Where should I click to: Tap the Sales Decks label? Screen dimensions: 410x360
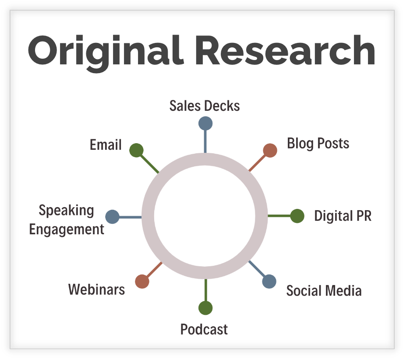(205, 106)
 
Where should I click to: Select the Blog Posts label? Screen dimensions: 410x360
(318, 144)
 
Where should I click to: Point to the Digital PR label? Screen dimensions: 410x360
(343, 216)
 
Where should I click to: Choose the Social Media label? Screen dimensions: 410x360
(324, 291)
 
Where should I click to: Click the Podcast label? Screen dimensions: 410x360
(204, 329)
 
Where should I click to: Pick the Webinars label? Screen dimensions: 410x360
(96, 289)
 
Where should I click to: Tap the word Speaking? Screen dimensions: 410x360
(66, 210)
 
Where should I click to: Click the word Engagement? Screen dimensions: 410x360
(67, 229)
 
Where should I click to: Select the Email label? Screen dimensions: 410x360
(106, 145)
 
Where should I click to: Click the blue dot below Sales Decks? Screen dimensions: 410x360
(205, 123)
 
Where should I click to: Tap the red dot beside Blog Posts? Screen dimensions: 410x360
(270, 150)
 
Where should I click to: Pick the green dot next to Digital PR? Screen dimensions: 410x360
(297, 216)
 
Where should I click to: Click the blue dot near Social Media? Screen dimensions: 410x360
(269, 281)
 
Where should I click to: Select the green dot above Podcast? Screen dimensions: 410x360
(205, 308)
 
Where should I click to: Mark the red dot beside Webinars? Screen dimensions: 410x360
(142, 281)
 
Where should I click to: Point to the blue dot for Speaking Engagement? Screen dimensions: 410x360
(113, 217)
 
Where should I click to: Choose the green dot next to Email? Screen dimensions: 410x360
(137, 150)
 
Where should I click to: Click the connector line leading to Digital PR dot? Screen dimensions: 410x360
(279, 216)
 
